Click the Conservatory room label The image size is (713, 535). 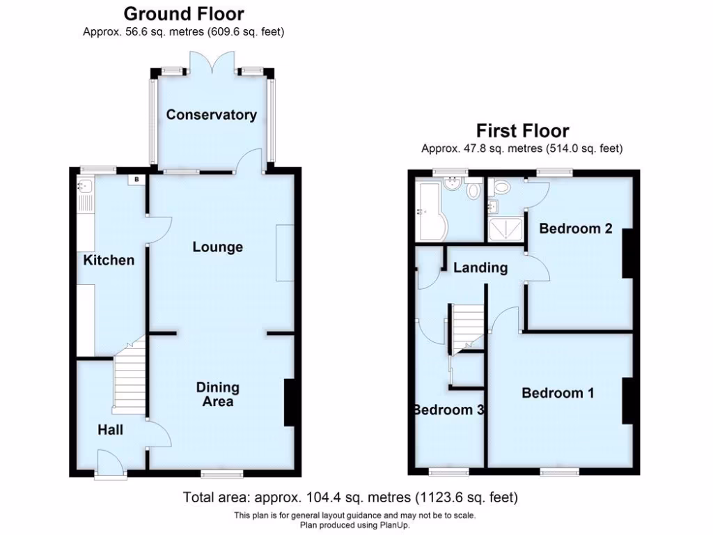(x=211, y=115)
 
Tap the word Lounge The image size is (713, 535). (x=218, y=247)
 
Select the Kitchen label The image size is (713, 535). (x=109, y=260)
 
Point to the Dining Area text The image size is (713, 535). (x=217, y=394)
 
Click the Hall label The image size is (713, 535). (x=110, y=430)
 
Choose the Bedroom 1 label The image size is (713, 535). (x=558, y=393)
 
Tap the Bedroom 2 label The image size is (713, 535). (x=575, y=228)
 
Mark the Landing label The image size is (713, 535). (x=480, y=267)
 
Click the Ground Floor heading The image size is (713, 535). (x=184, y=13)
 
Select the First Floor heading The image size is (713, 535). (x=522, y=130)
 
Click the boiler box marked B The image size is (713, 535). (x=136, y=180)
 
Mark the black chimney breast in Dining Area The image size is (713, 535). (x=289, y=402)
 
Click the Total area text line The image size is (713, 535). (x=350, y=497)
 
